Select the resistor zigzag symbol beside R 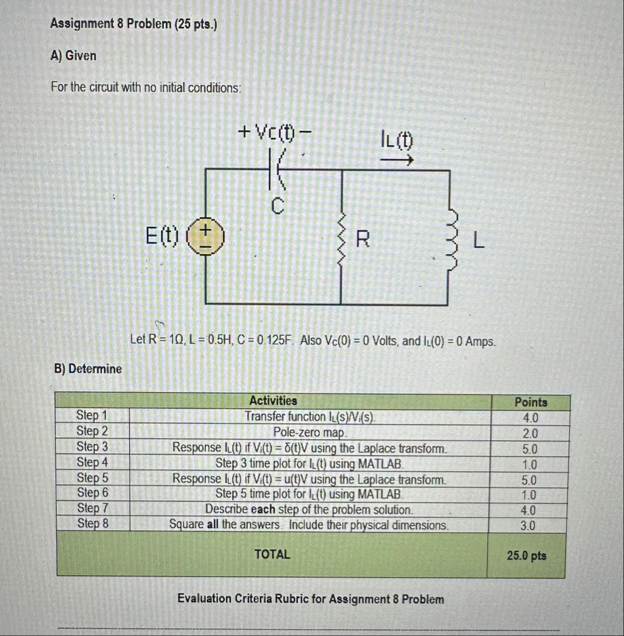tap(341, 238)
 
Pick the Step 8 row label tap(92, 524)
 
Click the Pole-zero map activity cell tap(310, 433)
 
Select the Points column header tap(531, 402)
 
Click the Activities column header tap(273, 401)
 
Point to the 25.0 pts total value tap(526, 555)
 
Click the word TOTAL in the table tap(272, 554)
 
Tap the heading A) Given tap(74, 56)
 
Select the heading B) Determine tap(88, 369)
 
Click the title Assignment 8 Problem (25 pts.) tap(134, 24)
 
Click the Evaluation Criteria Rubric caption tap(310, 599)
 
